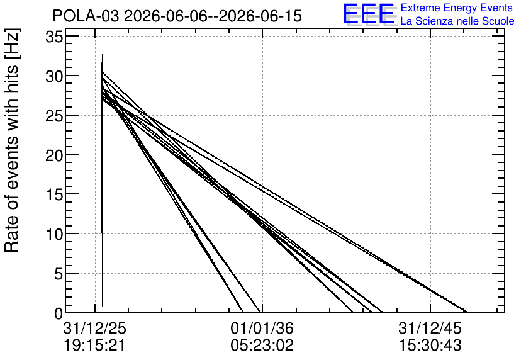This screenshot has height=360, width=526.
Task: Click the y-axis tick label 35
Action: (x=54, y=37)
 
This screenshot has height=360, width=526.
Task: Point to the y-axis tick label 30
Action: (x=54, y=76)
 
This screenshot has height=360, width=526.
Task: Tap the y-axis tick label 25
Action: (x=54, y=116)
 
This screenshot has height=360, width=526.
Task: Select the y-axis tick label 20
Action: (x=54, y=155)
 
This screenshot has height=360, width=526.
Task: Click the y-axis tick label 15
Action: (x=54, y=194)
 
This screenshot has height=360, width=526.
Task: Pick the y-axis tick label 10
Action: (x=54, y=234)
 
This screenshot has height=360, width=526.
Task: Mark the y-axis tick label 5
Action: (x=59, y=274)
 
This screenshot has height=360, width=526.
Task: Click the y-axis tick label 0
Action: (x=59, y=313)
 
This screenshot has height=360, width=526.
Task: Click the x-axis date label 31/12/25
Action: (x=94, y=328)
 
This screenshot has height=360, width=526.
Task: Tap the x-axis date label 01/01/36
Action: (x=262, y=328)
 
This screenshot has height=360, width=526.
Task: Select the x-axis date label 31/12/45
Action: (x=430, y=328)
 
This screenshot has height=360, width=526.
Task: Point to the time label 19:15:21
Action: (x=94, y=346)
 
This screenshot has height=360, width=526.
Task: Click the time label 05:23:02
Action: (x=262, y=346)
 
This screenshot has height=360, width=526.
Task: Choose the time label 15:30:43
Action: (x=430, y=346)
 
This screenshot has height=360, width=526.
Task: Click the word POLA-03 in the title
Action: (x=86, y=16)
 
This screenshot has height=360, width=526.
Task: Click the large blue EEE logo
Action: (x=369, y=14)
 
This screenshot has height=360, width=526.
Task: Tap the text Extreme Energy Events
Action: (x=457, y=8)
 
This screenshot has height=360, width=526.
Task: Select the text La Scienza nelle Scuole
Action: (x=457, y=21)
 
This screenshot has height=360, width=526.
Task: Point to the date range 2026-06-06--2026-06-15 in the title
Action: (x=213, y=16)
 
